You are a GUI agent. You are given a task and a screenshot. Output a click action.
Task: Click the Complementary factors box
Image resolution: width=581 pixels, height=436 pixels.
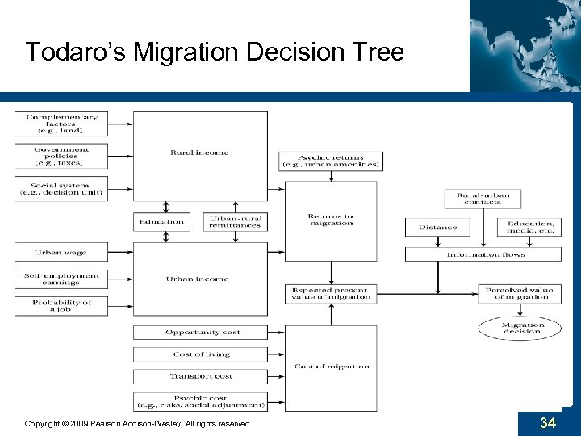(x=61, y=124)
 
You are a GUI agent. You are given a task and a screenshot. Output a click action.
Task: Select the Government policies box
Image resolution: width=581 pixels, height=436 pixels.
(x=61, y=156)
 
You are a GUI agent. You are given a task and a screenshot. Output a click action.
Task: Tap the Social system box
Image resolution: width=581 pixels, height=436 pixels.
(x=61, y=188)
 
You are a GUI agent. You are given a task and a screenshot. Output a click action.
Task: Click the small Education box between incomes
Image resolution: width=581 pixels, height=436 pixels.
(x=161, y=221)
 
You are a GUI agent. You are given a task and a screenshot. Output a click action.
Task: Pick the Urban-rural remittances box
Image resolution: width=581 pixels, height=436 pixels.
(x=235, y=221)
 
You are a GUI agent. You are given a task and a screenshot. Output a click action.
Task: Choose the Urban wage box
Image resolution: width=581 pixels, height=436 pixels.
(x=61, y=253)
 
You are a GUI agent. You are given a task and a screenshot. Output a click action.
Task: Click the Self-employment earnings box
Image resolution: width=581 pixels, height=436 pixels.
(x=61, y=279)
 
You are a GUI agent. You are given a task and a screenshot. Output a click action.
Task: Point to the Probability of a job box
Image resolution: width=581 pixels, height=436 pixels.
(x=61, y=306)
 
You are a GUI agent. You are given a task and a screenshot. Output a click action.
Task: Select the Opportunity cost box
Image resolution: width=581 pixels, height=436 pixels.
(x=199, y=333)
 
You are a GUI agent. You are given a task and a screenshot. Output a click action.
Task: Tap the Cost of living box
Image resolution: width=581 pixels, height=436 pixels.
(x=199, y=354)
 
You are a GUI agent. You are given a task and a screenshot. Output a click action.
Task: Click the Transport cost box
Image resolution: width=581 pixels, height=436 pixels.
(x=199, y=376)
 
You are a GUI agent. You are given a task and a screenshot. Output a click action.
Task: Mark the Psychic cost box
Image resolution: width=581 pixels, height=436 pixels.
(x=199, y=401)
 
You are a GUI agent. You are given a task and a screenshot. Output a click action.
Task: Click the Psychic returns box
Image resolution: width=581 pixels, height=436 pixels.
(x=330, y=161)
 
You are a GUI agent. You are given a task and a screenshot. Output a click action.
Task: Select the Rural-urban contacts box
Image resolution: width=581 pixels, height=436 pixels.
(x=483, y=199)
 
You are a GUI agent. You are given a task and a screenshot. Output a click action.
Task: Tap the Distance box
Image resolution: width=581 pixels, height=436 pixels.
(x=437, y=228)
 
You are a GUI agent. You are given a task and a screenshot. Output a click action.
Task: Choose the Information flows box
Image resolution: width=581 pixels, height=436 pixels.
(x=483, y=254)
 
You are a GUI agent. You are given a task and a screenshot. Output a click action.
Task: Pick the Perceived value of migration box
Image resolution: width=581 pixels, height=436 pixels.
(x=519, y=293)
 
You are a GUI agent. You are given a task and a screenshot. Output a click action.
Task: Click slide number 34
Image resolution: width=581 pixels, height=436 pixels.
(x=548, y=423)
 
